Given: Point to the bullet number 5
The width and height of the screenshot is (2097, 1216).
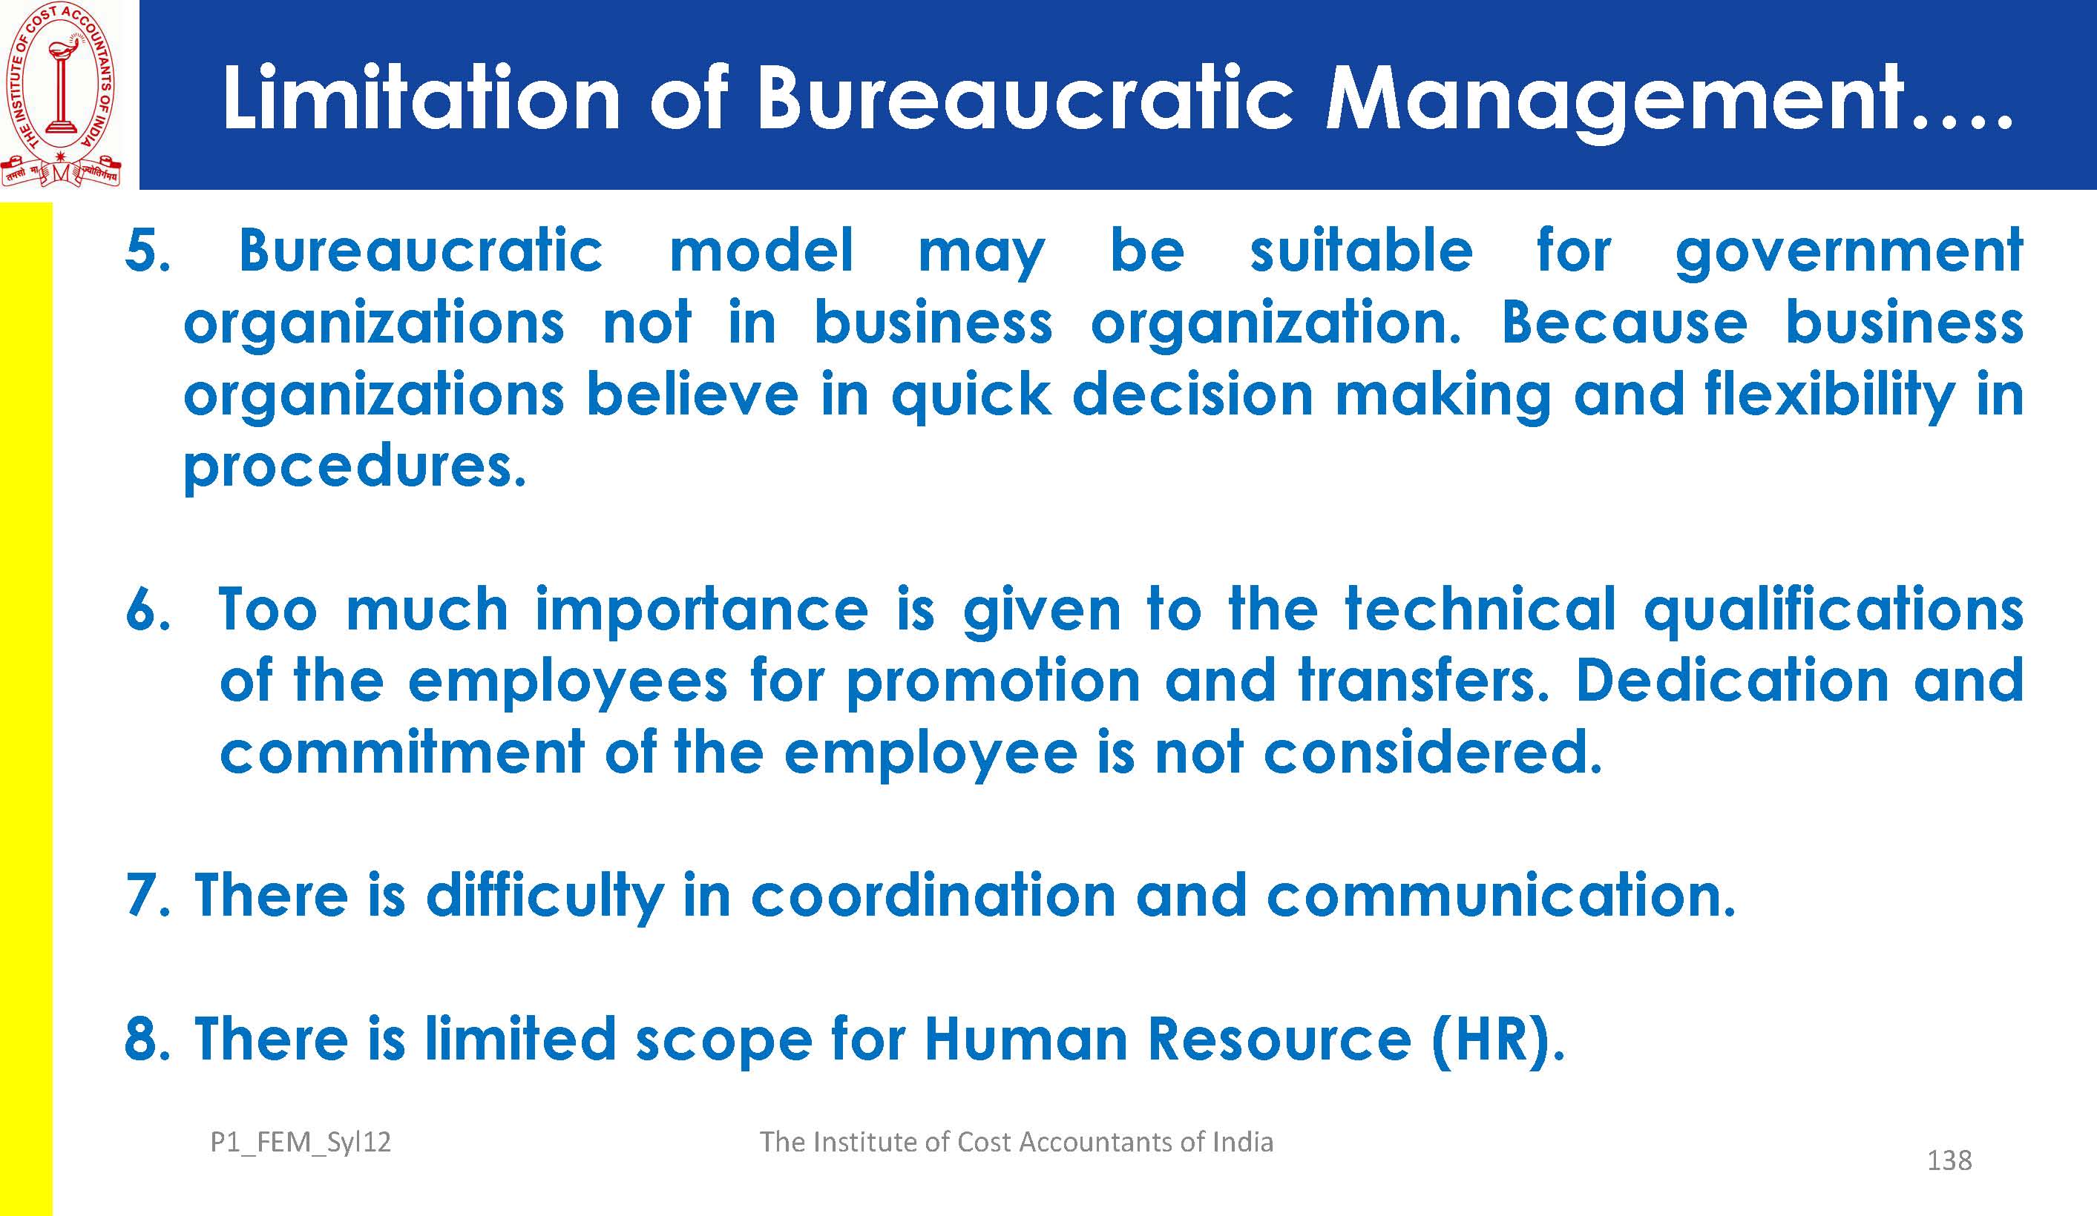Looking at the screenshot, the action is pos(147,251).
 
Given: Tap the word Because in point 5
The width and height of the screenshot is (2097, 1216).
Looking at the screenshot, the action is pos(1624,323).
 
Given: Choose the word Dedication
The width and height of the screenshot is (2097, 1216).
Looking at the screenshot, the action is pos(1731,681).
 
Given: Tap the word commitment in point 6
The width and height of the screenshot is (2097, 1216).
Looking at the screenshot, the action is pos(402,752).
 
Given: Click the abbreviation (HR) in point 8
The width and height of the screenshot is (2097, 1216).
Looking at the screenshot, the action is pos(1498,1040).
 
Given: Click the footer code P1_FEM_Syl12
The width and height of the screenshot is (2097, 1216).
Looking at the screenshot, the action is pos(301,1143).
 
